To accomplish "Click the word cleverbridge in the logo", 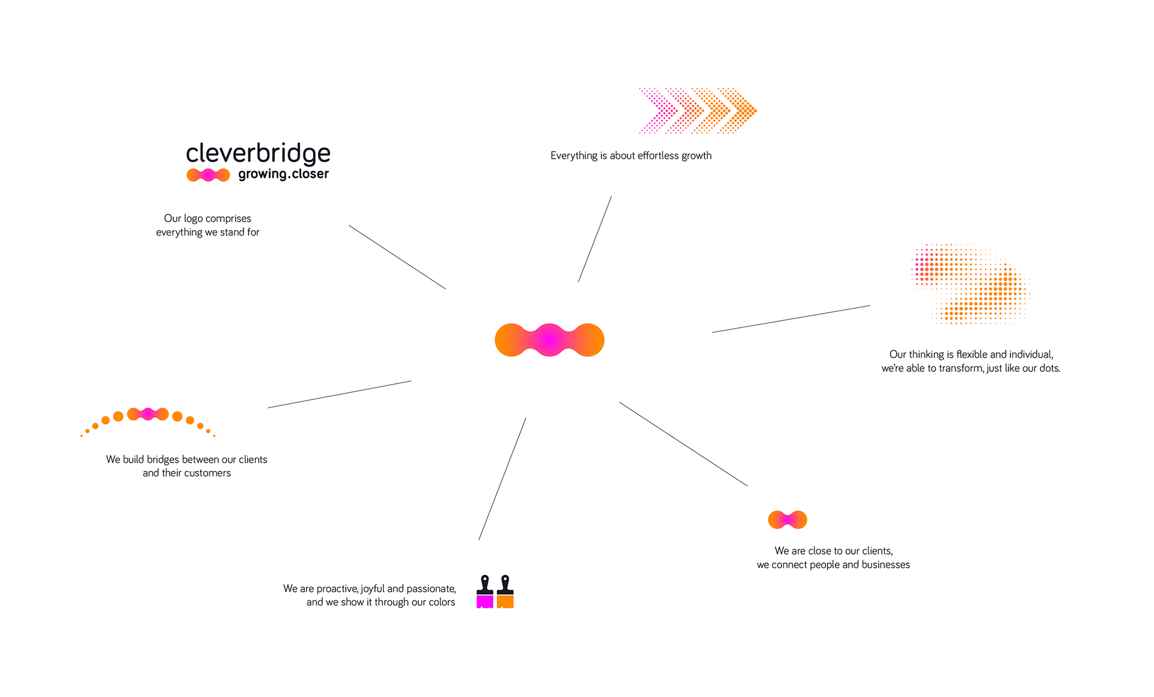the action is coord(258,153).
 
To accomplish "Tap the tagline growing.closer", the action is coord(283,174).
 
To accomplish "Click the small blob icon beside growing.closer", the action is coord(208,175).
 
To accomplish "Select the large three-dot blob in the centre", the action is coord(549,340).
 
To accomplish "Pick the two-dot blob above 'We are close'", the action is coord(787,520).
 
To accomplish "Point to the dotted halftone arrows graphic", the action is coord(697,111).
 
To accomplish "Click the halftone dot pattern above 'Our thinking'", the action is coord(971,284).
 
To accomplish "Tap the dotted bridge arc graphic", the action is coord(148,421).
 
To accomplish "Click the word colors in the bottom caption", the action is coord(442,602).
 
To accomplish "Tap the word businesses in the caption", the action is coord(885,565).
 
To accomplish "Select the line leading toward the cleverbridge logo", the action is coord(397,257).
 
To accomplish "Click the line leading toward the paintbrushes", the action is coord(502,479).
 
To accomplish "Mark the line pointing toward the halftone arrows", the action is coord(595,239).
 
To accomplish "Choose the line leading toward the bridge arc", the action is coord(340,394).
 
